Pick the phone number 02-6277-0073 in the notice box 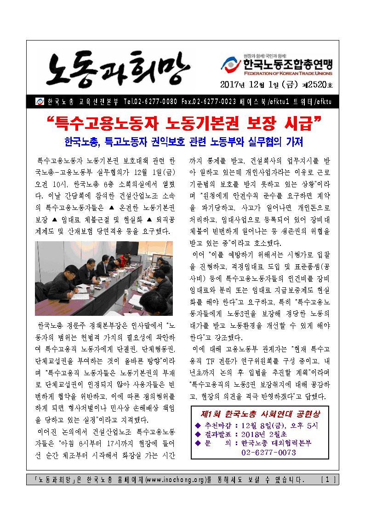tap(268, 453)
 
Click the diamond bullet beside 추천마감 tap(199, 424)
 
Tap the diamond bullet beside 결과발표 tap(199, 434)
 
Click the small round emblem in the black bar tap(39, 101)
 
